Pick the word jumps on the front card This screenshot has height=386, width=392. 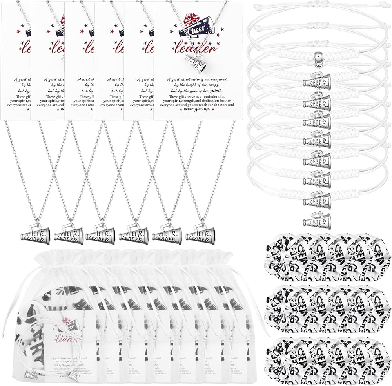(217, 83)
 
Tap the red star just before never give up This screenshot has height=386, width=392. (181, 110)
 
